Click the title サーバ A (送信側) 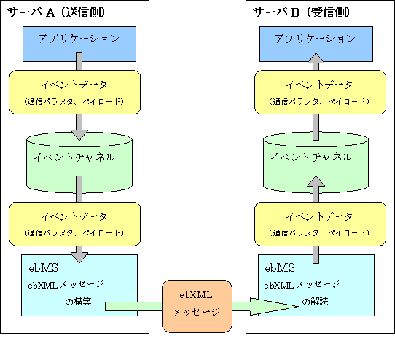coord(55,12)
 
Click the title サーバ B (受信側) coord(301,12)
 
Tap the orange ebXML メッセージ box coord(197,306)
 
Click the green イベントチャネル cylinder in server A coord(79,163)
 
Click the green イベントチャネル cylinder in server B coord(316,163)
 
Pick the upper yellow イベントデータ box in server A coord(74,92)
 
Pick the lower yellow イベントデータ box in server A coord(74,224)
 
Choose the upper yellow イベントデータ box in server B coord(320,92)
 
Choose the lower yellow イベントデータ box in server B coord(320,224)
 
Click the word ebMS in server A coord(43,267)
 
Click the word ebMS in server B coord(280,267)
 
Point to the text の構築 coord(78,302)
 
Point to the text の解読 coord(315,302)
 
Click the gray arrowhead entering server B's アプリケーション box coord(316,58)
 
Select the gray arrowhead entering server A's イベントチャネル coord(79,135)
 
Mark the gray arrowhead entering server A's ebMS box coord(79,257)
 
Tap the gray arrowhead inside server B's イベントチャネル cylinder coord(316,181)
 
